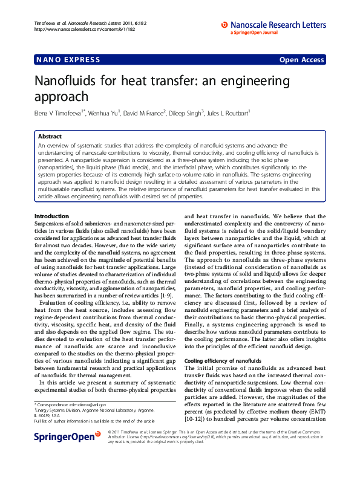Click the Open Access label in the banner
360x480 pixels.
pos(301,60)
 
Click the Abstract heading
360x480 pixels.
pos(50,137)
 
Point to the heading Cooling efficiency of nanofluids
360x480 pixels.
pos(223,360)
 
